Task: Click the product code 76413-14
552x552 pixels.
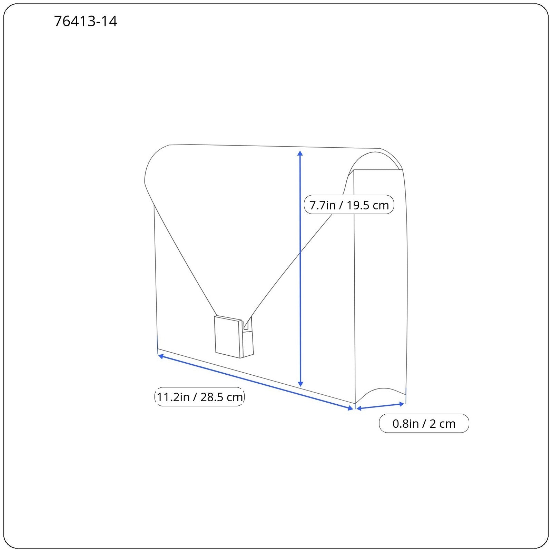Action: click(x=86, y=21)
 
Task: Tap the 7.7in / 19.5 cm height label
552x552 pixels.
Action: click(x=349, y=205)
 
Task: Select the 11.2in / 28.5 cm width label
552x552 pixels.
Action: click(x=199, y=397)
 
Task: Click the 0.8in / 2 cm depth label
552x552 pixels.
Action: click(x=424, y=423)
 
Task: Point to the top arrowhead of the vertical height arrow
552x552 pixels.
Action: click(x=300, y=153)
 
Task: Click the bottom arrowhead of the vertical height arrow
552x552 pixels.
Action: click(x=300, y=384)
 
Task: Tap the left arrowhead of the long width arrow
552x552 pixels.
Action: click(x=160, y=356)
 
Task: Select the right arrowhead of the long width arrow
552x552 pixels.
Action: click(x=351, y=408)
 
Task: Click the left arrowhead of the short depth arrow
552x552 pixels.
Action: click(x=359, y=408)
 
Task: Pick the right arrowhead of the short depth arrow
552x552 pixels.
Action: click(x=402, y=404)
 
